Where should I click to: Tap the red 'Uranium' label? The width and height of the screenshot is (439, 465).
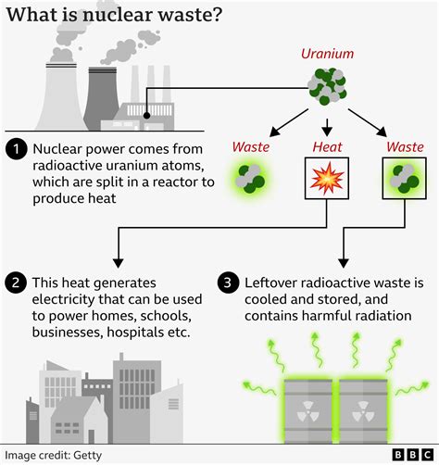coord(326,54)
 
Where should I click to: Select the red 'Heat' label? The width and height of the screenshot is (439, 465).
coord(327,145)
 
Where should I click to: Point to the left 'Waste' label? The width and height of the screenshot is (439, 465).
coord(251,145)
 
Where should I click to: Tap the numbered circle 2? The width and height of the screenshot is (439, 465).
coord(16,282)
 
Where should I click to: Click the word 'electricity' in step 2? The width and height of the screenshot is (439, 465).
coord(68,299)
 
